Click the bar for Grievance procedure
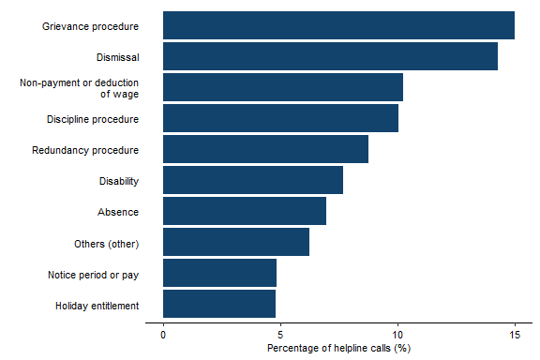click(338, 25)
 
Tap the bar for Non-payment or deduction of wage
click(283, 87)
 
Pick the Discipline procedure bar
click(280, 118)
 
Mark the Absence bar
click(245, 211)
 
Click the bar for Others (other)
click(236, 242)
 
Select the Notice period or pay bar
click(219, 273)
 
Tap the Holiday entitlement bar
click(219, 304)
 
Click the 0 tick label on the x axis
click(163, 335)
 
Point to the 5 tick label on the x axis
click(280, 335)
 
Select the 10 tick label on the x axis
click(397, 335)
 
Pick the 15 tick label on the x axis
click(515, 335)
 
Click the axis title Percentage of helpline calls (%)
click(339, 349)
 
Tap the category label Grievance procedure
click(90, 26)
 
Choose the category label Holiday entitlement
click(97, 306)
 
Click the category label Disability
click(118, 182)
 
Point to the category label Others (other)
click(106, 244)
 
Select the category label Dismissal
click(117, 57)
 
